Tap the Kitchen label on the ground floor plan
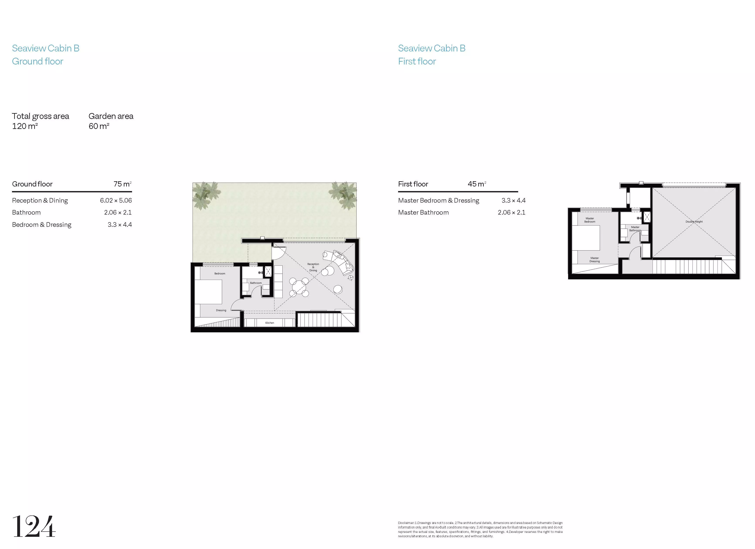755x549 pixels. [270, 323]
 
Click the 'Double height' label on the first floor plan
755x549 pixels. [694, 221]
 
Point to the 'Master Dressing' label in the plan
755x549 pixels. [595, 260]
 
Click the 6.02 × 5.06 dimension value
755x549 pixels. [116, 200]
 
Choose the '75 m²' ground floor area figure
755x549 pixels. [122, 184]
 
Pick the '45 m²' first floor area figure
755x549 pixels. [477, 184]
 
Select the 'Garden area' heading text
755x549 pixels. [111, 116]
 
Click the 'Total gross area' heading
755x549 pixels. [41, 116]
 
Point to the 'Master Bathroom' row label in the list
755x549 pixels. [423, 212]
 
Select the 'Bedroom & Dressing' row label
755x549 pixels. [42, 225]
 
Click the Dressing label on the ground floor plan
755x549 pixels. [221, 310]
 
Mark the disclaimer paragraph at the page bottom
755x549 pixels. [480, 529]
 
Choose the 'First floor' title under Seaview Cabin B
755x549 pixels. [417, 61]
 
